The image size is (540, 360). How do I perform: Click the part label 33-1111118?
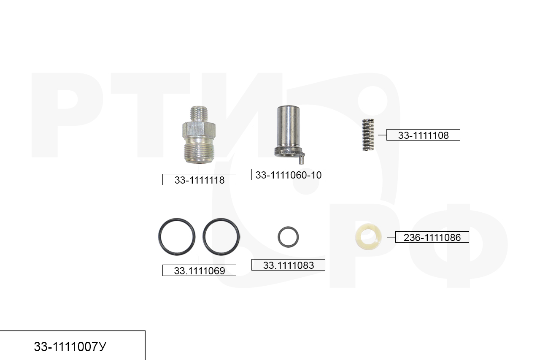pos(199,180)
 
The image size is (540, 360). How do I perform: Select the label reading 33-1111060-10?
pos(288,175)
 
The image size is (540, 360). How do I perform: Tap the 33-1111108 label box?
pos(423,135)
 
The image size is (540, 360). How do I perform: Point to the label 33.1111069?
pos(199,270)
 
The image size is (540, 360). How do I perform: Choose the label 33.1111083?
pos(288,265)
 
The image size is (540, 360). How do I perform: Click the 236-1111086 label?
pos(432,237)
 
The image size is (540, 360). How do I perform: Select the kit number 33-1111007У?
pos(70,346)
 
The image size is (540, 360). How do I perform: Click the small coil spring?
pos(368,135)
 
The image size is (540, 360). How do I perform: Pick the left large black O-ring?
pos(159,237)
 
